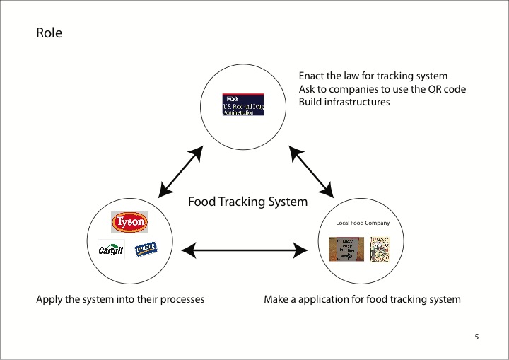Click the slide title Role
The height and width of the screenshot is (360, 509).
click(49, 33)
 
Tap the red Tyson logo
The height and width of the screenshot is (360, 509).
click(130, 223)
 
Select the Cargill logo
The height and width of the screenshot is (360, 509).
click(111, 249)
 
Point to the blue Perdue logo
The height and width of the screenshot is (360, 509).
click(146, 248)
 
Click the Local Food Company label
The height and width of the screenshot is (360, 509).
click(363, 223)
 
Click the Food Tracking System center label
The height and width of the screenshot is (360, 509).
click(247, 202)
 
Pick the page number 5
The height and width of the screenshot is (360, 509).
click(477, 337)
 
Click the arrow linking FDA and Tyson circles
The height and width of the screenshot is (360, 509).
click(181, 171)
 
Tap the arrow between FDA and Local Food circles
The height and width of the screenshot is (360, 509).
click(312, 171)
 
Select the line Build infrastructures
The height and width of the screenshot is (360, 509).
click(344, 102)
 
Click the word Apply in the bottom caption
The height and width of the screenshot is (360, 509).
click(49, 299)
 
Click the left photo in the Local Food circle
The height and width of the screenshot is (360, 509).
click(347, 249)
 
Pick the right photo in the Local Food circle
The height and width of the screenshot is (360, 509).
click(380, 249)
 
